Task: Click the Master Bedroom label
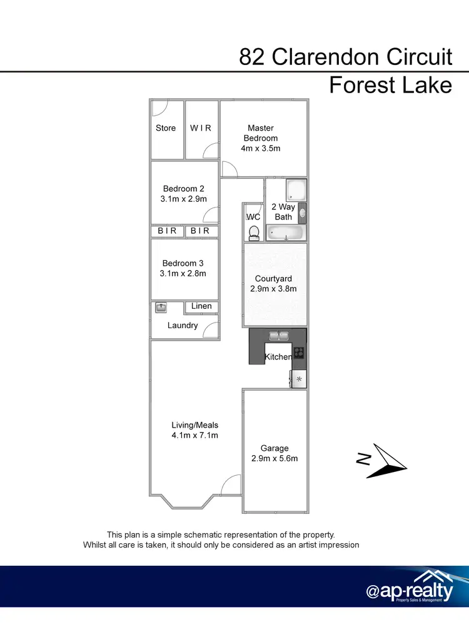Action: point(261,133)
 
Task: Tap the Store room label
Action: point(166,128)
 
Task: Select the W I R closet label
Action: point(201,128)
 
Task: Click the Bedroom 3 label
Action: point(183,263)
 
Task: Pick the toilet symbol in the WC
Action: point(254,233)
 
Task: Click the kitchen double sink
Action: point(278,335)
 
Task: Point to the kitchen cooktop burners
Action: point(299,353)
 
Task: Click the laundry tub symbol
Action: point(161,307)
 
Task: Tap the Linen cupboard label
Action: point(201,306)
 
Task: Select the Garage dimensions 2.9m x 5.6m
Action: point(275,458)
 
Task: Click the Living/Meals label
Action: point(195,425)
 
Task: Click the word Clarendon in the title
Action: point(325,58)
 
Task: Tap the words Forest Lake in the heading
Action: point(390,84)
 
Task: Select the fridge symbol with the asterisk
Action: point(299,379)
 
